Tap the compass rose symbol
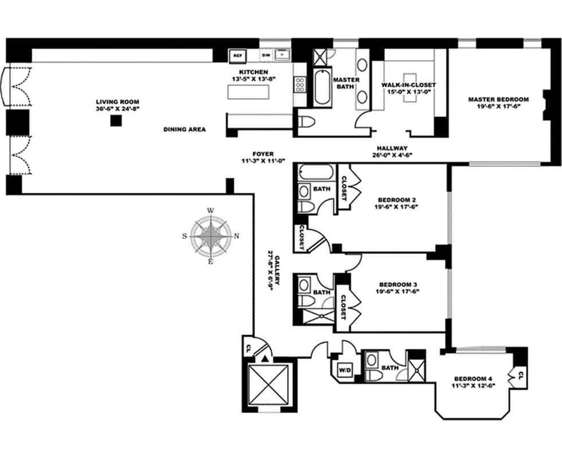[x=211, y=235]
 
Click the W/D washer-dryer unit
[x=345, y=370]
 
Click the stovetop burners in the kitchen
[x=300, y=85]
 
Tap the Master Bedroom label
[x=498, y=99]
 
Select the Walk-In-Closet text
[x=408, y=85]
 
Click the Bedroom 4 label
[x=473, y=379]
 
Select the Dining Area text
[x=184, y=129]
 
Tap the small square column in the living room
[x=116, y=120]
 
